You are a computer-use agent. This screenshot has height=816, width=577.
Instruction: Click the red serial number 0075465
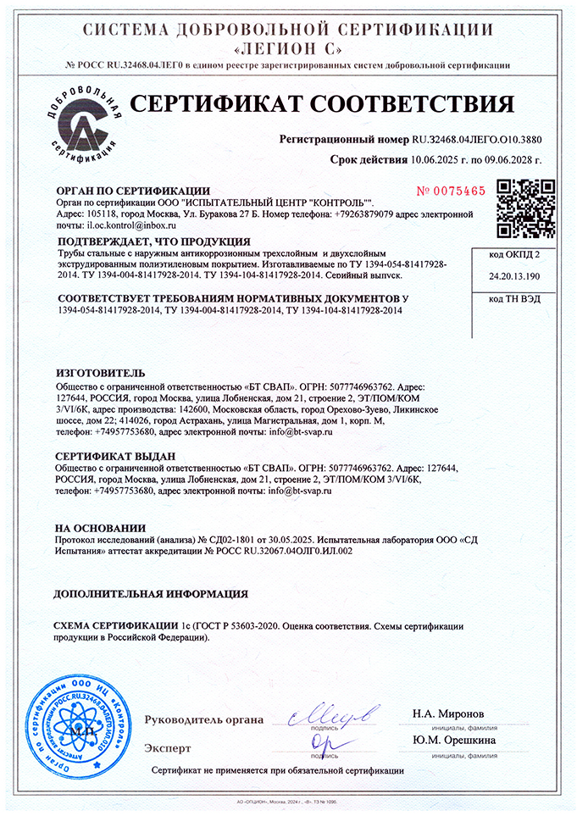(x=451, y=191)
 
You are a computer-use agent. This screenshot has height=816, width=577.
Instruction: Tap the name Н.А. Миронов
(x=449, y=713)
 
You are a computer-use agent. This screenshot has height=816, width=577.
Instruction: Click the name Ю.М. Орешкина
(x=455, y=740)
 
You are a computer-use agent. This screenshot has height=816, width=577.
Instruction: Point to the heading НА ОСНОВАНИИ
(x=99, y=527)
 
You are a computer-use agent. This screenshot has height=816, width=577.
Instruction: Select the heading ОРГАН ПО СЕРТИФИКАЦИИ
(x=132, y=191)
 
